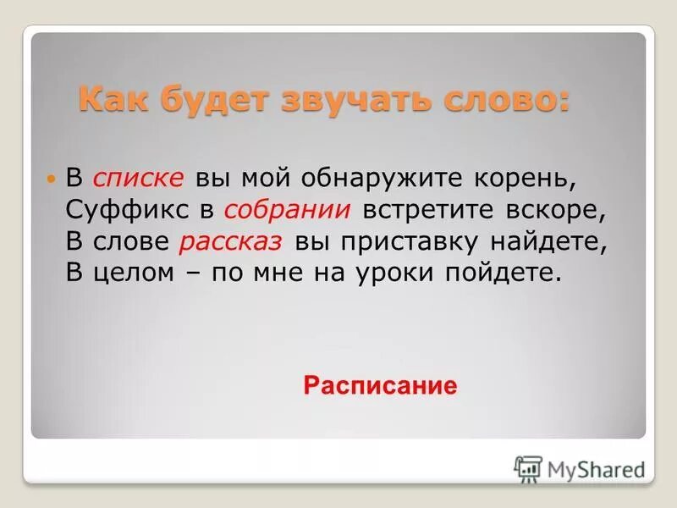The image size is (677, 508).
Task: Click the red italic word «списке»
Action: [139, 179]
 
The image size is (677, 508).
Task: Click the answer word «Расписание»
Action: [379, 386]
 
